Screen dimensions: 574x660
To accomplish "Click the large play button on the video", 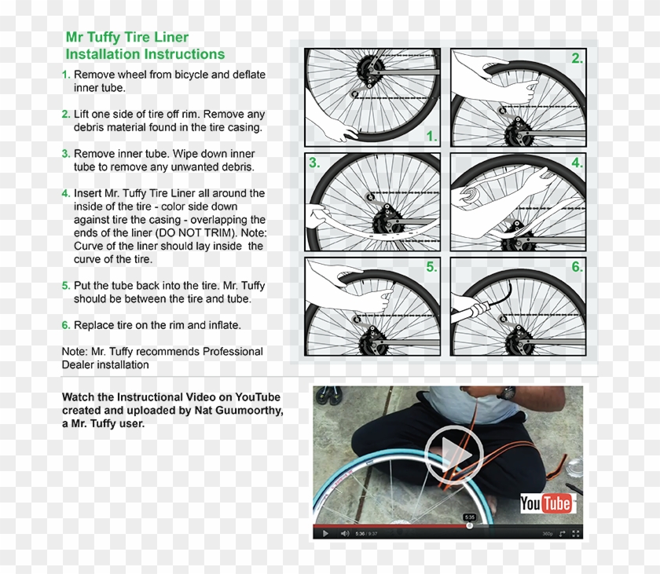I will click(453, 454).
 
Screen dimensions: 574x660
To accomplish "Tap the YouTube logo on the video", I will click(545, 503).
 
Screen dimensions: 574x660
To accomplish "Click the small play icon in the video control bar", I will click(325, 533).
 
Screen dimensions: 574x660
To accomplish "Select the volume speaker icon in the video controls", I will click(344, 533).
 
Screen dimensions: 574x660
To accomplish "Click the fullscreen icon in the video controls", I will click(576, 533).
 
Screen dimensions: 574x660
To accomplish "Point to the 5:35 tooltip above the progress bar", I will click(469, 517).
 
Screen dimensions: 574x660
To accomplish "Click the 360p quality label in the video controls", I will click(547, 533).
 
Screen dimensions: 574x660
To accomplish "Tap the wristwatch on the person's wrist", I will click(509, 393).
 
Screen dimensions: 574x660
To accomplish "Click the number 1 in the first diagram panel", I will click(431, 137).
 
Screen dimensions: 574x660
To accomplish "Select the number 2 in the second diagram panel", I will click(577, 58).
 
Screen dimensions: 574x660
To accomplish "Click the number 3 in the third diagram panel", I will click(314, 163).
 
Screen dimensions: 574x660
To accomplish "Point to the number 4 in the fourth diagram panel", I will click(577, 163).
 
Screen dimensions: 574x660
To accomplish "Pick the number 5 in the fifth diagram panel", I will click(431, 267).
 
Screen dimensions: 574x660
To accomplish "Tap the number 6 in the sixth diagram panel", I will click(577, 267).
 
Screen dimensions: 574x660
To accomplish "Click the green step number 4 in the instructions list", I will click(66, 193).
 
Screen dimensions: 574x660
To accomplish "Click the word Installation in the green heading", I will click(102, 54).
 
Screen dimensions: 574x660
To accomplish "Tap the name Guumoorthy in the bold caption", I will click(247, 411).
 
